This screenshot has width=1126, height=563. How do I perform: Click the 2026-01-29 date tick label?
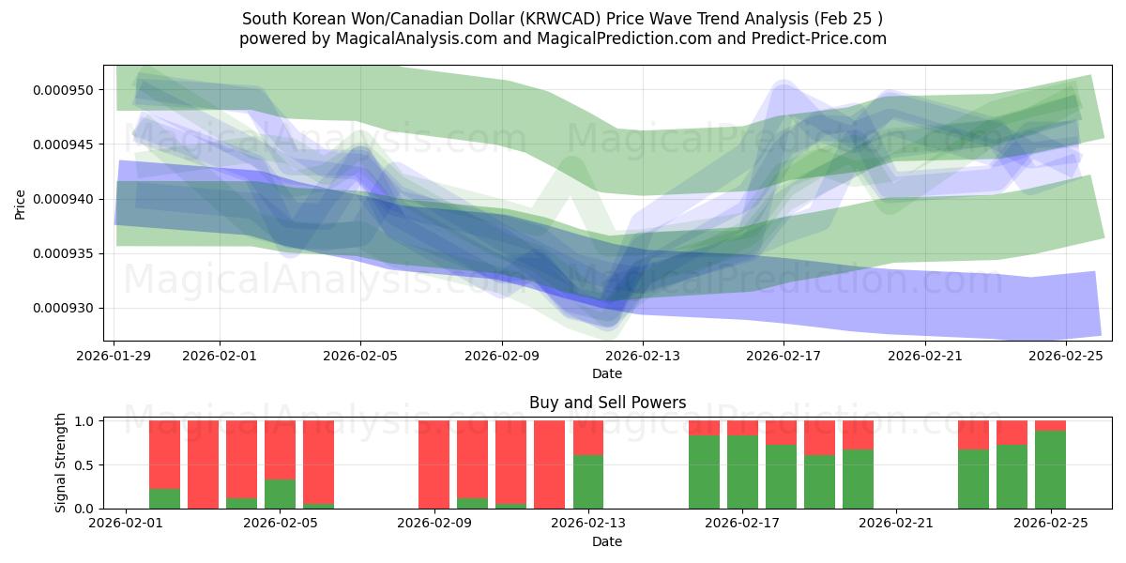point(114,356)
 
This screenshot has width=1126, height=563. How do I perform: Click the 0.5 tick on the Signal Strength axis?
point(83,465)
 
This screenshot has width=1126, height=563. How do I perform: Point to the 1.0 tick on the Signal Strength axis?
point(83,421)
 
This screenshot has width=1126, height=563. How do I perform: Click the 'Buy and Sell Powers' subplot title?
point(607,403)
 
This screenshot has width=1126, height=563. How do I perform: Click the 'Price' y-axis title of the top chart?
point(21,204)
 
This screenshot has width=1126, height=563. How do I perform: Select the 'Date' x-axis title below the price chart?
point(607,373)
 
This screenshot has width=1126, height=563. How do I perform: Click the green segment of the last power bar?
point(1050,469)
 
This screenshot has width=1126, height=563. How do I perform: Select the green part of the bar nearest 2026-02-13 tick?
point(588,481)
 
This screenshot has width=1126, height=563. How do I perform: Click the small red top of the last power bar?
point(1050,426)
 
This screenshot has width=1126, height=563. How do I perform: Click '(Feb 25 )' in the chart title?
point(848,19)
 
